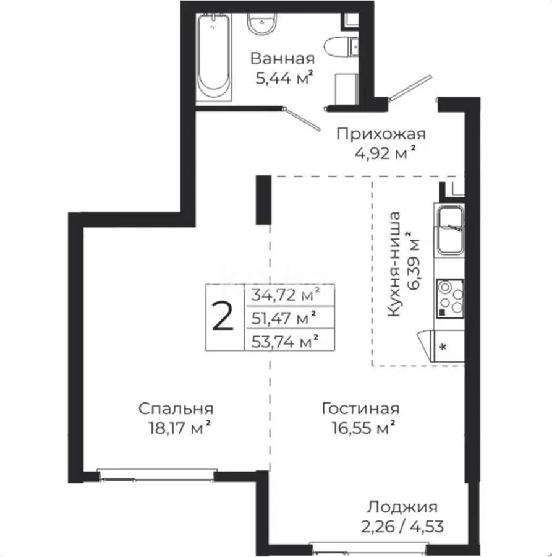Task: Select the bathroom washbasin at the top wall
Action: pyautogui.click(x=263, y=25)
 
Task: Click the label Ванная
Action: pyautogui.click(x=282, y=59)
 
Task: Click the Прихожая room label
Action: pyautogui.click(x=381, y=134)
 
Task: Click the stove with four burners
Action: pyautogui.click(x=449, y=298)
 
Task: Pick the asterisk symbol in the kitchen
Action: pyautogui.click(x=443, y=347)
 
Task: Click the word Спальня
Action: pyautogui.click(x=176, y=408)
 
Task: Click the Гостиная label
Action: pyautogui.click(x=360, y=408)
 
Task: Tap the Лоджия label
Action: pyautogui.click(x=402, y=507)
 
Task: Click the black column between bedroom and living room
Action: pyautogui.click(x=264, y=200)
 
